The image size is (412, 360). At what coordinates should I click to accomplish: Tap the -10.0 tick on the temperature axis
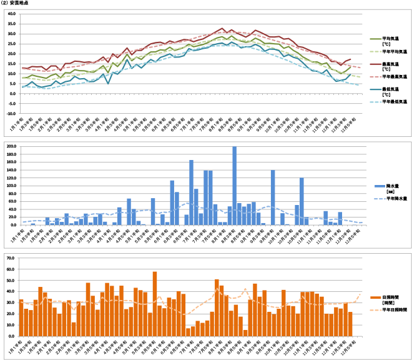click(x=11, y=114)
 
